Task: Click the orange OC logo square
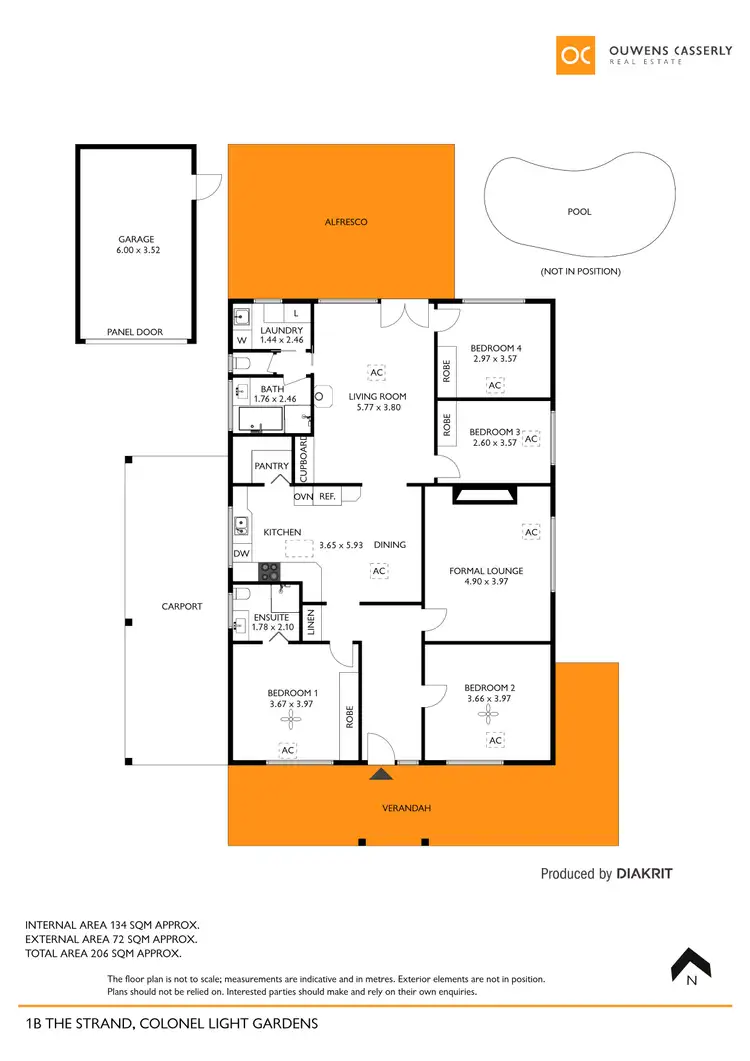[x=576, y=55]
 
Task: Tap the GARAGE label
[x=136, y=239]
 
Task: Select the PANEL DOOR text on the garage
[x=135, y=332]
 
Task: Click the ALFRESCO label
[x=346, y=222]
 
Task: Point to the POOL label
[x=579, y=212]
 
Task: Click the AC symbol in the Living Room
[x=376, y=373]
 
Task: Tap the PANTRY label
[x=271, y=466]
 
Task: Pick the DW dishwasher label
[x=241, y=553]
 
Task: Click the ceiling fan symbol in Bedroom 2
[x=488, y=712]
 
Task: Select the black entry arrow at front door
[x=380, y=773]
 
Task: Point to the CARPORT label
[x=182, y=606]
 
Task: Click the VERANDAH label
[x=406, y=808]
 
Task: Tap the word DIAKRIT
[x=644, y=873]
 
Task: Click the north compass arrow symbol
[x=690, y=963]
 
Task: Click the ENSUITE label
[x=271, y=617]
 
